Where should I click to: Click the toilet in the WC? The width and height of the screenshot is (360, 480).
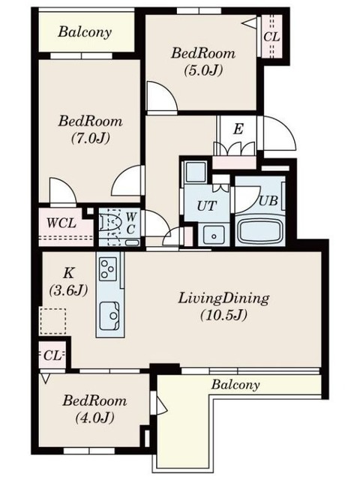(x=112, y=226)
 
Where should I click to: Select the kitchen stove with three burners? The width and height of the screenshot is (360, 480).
(x=108, y=268)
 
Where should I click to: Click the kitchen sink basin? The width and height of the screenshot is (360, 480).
(x=109, y=316)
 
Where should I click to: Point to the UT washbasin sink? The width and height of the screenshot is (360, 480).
(x=214, y=235)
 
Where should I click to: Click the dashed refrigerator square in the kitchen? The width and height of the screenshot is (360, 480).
(x=52, y=321)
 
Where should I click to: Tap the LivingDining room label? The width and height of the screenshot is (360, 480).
(x=223, y=298)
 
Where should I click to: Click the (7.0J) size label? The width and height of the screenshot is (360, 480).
(x=91, y=139)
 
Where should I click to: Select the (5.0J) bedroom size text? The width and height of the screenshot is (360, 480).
(x=203, y=70)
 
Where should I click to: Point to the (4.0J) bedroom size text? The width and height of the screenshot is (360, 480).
(x=95, y=418)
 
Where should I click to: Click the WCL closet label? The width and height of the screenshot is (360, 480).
(x=61, y=223)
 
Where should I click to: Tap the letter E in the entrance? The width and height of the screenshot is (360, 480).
(x=238, y=129)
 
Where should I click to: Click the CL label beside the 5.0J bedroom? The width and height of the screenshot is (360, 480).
(x=271, y=37)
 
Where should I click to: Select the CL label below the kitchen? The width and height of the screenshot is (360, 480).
(x=52, y=355)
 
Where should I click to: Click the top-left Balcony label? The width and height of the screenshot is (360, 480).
(x=85, y=31)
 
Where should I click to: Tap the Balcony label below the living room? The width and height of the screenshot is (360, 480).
(x=235, y=385)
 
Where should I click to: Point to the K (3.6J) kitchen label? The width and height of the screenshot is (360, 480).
(x=68, y=281)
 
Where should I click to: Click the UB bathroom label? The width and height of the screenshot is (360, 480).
(x=268, y=200)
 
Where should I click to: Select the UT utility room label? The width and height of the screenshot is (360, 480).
(x=207, y=205)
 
